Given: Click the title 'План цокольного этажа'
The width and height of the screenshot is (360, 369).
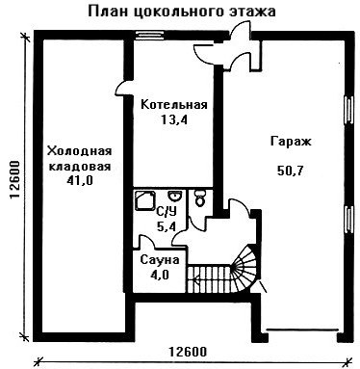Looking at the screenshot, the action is (x=182, y=12).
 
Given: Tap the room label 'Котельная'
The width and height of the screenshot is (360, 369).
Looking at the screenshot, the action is (x=174, y=105).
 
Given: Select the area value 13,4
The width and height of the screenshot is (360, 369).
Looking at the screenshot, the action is (x=174, y=120).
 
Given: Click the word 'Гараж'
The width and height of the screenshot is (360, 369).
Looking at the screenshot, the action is (x=291, y=142).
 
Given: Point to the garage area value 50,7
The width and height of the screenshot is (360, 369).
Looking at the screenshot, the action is (x=290, y=171).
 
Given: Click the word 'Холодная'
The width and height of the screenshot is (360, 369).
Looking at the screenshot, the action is (x=79, y=150).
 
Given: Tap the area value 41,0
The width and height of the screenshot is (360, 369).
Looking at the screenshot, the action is (x=80, y=181).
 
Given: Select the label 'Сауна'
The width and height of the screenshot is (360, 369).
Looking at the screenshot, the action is (x=160, y=260).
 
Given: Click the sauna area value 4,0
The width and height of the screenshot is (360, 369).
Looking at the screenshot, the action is (x=160, y=276).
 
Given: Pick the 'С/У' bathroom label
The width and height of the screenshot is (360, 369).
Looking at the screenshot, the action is (x=167, y=212).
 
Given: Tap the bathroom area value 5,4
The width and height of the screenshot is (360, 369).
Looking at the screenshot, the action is (x=167, y=226).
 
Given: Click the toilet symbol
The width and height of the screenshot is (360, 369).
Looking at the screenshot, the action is (x=200, y=198).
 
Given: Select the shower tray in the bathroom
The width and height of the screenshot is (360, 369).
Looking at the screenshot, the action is (x=145, y=200).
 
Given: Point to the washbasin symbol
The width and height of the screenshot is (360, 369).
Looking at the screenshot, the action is (x=174, y=196).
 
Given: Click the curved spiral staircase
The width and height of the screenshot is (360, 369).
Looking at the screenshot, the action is (x=244, y=269).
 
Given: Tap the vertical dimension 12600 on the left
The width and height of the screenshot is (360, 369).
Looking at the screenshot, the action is (x=15, y=180).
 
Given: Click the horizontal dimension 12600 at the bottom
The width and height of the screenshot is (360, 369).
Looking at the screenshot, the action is (x=188, y=352).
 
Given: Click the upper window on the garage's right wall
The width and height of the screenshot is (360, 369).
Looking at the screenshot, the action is (x=348, y=110).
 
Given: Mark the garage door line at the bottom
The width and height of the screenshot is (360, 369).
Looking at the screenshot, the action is (x=303, y=329).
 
